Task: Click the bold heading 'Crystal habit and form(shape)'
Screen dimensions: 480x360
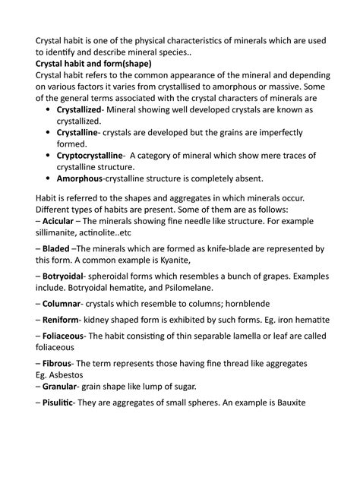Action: (x=93, y=63)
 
